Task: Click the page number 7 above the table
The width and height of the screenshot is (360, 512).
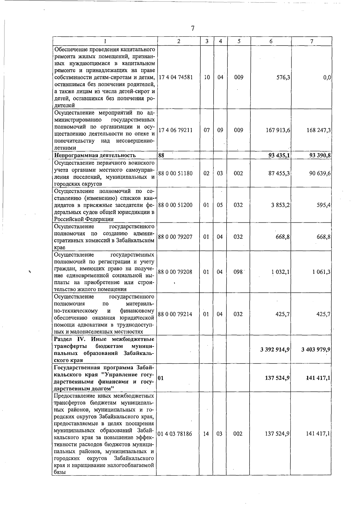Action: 193,29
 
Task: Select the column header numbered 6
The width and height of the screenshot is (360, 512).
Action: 271,41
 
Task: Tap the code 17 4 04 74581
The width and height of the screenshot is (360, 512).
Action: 175,77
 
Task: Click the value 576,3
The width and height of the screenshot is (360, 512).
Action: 283,77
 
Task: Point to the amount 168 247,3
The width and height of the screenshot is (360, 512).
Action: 318,130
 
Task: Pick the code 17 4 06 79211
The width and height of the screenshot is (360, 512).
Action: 175,130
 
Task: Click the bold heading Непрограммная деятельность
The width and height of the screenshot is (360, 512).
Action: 95,155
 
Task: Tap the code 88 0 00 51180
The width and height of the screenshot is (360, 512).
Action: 175,173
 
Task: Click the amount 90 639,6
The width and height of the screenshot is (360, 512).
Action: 320,173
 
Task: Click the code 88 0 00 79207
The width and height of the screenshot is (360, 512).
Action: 175,237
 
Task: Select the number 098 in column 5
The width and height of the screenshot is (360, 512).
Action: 238,272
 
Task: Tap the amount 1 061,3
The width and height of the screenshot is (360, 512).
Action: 321,272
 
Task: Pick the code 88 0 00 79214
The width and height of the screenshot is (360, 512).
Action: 175,314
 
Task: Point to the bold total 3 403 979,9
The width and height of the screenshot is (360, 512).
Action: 316,350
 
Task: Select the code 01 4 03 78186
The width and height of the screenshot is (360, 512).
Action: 175,434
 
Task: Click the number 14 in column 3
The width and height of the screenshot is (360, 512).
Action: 206,434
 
